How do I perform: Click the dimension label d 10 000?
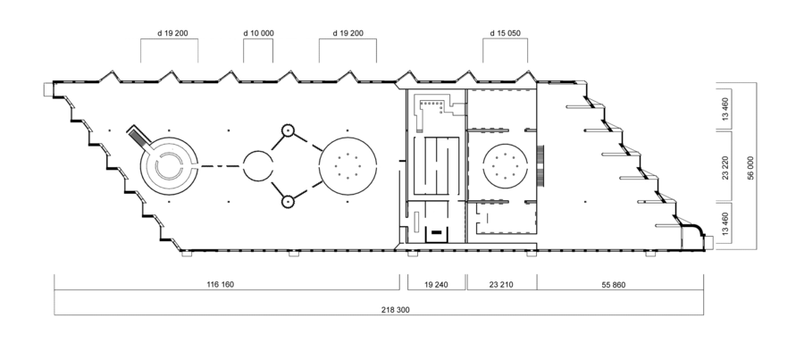[x=258, y=33]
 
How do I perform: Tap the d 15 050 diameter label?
[x=505, y=33]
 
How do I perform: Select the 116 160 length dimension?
[x=221, y=285]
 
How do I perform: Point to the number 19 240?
[x=436, y=285]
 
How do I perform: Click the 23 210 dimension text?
[x=501, y=285]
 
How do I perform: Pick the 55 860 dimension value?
[x=613, y=285]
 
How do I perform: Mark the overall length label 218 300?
[x=396, y=310]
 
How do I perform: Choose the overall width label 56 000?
[x=750, y=168]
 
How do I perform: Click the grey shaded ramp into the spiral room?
[x=139, y=137]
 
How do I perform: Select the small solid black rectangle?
[x=436, y=232]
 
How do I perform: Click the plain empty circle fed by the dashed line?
[x=257, y=165]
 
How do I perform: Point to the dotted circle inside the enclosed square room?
[x=505, y=165]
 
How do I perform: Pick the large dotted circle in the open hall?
[x=348, y=165]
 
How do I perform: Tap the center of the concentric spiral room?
[x=169, y=166]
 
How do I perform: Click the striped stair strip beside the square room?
[x=540, y=165]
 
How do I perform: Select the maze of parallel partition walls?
[x=436, y=165]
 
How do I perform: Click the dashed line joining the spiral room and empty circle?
[x=220, y=165]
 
